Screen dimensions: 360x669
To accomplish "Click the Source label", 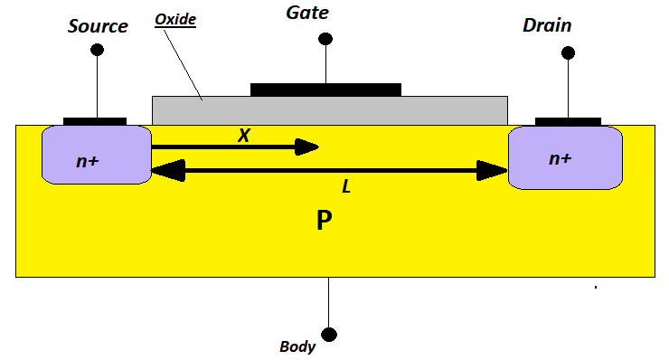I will coord(98,26).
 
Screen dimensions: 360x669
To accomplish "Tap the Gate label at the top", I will coord(306,13).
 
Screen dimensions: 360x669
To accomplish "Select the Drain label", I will coord(547,25).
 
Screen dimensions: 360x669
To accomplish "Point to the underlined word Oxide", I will coord(175,18).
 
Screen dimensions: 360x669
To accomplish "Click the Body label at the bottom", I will coord(297,346).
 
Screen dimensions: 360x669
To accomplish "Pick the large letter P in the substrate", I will coord(325,221).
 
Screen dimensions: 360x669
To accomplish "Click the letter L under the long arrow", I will coord(346,187).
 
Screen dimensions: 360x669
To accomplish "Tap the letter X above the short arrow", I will coord(243,136).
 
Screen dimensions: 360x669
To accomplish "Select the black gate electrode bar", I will coord(325,89).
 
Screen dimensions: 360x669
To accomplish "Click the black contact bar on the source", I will coord(95,120).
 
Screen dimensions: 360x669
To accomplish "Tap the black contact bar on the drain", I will coord(568,120).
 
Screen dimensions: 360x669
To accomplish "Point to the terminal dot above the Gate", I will coord(325,39).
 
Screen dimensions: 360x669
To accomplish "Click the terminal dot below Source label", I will coord(97,49).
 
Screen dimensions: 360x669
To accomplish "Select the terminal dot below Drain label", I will coord(568,53).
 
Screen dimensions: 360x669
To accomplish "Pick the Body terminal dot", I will coord(328,334).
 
